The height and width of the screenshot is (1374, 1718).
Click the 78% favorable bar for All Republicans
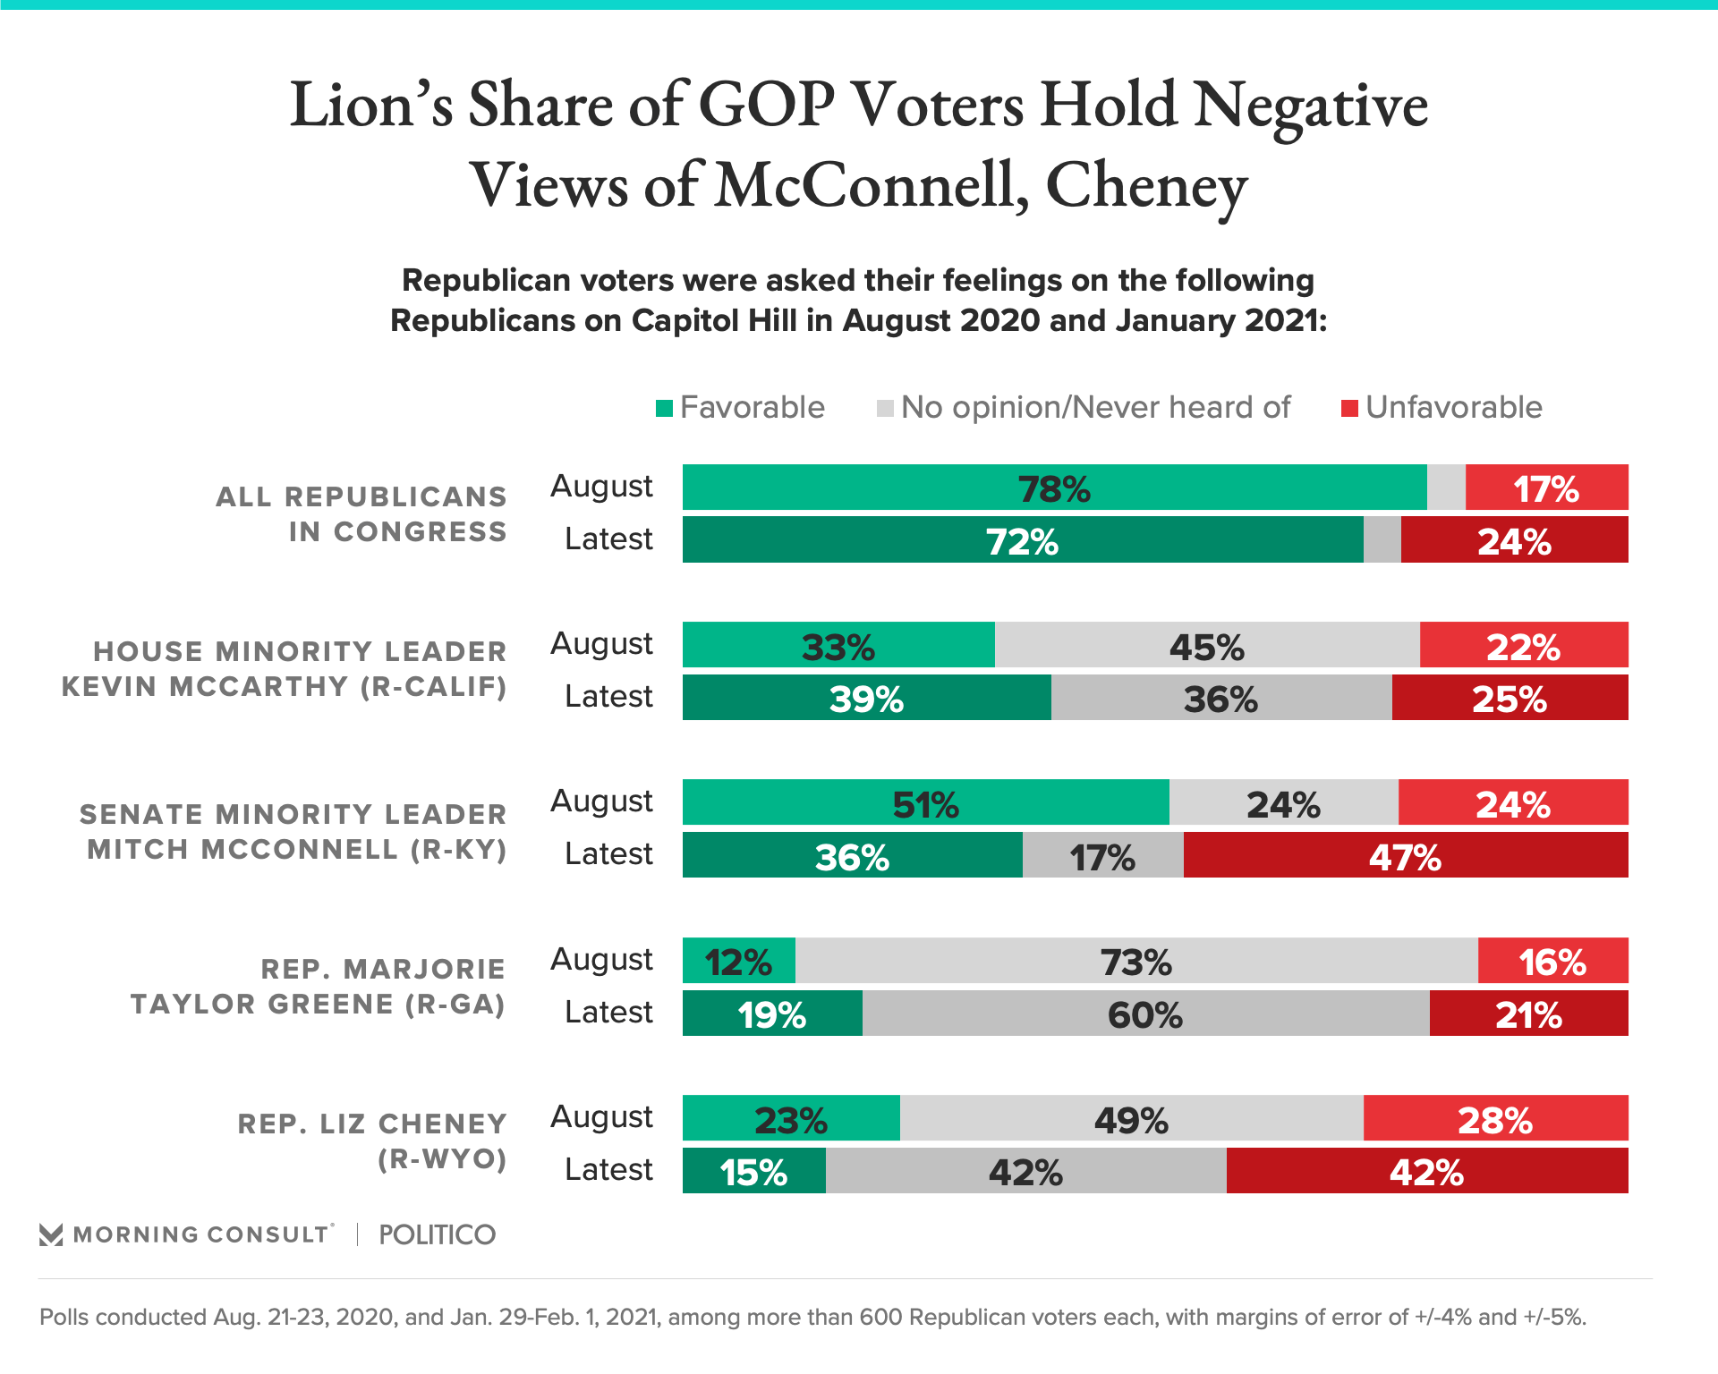coord(1054,488)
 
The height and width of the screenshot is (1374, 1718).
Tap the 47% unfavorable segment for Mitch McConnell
coord(1405,855)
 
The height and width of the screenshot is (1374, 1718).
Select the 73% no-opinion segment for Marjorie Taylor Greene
coord(1136,961)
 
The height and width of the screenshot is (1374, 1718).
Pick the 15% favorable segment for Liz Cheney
coord(753,1171)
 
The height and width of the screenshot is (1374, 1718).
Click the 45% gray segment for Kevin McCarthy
coord(1206,645)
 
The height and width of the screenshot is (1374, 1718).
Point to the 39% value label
coord(866,699)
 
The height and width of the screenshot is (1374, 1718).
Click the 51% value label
coord(925,804)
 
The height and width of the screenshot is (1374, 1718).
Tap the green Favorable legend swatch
coord(664,409)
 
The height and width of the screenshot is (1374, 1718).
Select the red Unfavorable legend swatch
coord(1349,409)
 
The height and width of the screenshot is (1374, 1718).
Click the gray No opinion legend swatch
coord(885,409)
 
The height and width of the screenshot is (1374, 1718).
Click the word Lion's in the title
coord(371,106)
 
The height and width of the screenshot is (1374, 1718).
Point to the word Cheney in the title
coord(1146,186)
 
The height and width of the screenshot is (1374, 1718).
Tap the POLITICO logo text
coord(437,1234)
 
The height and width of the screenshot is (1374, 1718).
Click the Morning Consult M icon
coord(51,1234)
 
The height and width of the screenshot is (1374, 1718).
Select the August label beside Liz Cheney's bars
coord(601,1117)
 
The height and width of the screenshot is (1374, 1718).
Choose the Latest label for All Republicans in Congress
coord(608,539)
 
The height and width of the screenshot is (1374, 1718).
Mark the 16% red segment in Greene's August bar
coord(1552,961)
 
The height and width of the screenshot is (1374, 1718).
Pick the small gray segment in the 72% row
coord(1382,539)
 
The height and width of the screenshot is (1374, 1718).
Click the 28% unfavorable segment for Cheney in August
coord(1495,1118)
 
